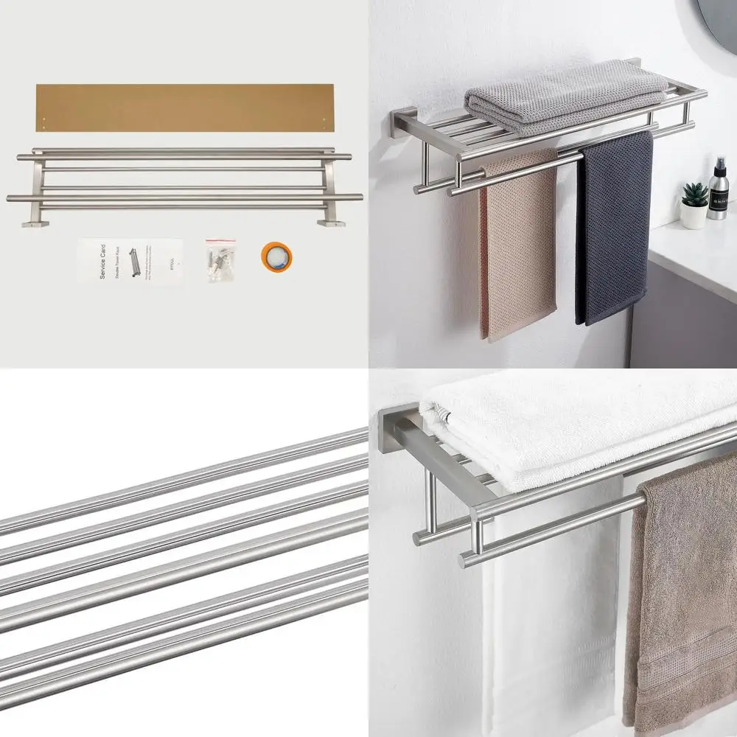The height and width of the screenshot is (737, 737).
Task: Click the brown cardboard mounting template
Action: tap(184, 108)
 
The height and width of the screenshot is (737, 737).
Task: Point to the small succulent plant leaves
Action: tap(695, 193)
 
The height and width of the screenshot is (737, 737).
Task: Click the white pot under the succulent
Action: tap(693, 214)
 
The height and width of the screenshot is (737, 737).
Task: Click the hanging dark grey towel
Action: tap(613, 228)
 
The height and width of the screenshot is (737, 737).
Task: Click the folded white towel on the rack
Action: tap(575, 435)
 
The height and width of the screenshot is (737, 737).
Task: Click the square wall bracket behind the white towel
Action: tap(398, 435)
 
